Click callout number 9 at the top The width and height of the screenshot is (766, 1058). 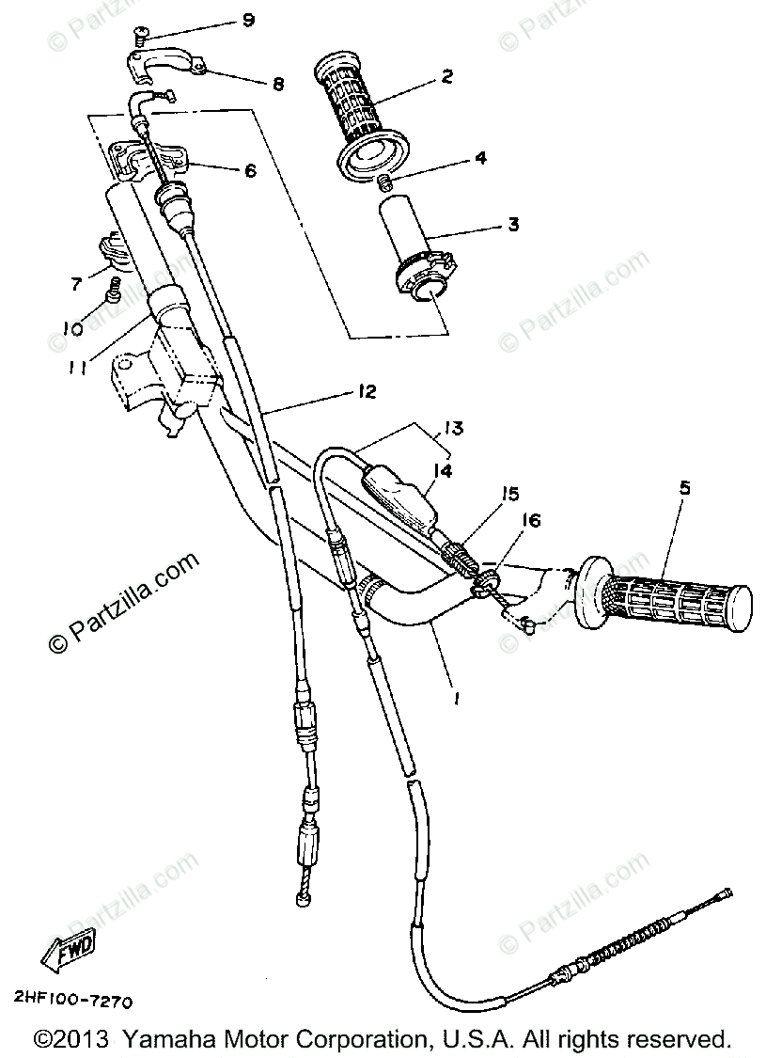[248, 19]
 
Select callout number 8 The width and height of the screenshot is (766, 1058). [278, 83]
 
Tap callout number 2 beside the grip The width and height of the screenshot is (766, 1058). [446, 76]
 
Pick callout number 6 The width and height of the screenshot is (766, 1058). [250, 170]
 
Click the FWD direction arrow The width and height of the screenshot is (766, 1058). [65, 956]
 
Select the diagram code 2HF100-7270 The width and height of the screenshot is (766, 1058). [72, 1000]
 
